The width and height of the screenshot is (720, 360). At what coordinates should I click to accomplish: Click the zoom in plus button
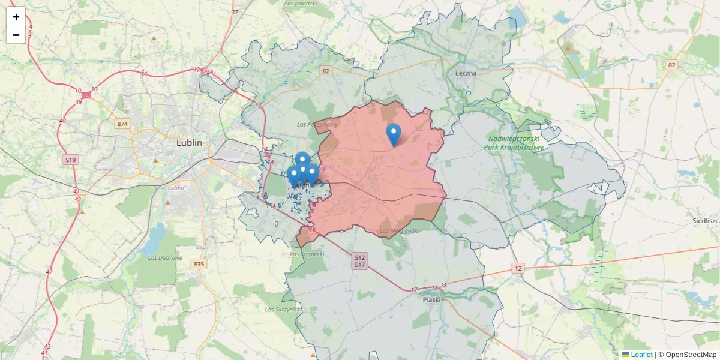coord(16,17)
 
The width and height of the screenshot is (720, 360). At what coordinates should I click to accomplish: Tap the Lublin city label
coord(189,143)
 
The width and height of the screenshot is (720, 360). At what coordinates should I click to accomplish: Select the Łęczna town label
coord(466,73)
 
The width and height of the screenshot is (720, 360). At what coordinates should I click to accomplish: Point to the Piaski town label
coord(431,299)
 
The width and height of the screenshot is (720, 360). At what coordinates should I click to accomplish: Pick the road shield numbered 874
coord(123,124)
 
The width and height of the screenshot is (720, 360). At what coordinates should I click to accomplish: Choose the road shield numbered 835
coord(199,264)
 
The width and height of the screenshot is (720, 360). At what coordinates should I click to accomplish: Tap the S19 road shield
coord(71,160)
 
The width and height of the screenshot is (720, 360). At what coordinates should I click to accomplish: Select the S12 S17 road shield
coord(360,261)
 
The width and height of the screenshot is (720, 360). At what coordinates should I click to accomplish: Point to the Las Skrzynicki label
coord(283,310)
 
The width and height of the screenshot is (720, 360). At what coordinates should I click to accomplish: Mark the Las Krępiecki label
coord(307,254)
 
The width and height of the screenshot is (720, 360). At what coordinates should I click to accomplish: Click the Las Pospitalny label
coord(317,124)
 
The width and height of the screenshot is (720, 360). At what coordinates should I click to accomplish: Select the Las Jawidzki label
coord(301,4)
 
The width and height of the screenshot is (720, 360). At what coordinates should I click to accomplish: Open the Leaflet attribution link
coord(641,355)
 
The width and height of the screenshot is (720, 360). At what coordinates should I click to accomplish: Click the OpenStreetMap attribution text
coord(691,355)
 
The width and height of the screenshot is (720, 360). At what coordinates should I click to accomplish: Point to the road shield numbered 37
coord(235,12)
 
